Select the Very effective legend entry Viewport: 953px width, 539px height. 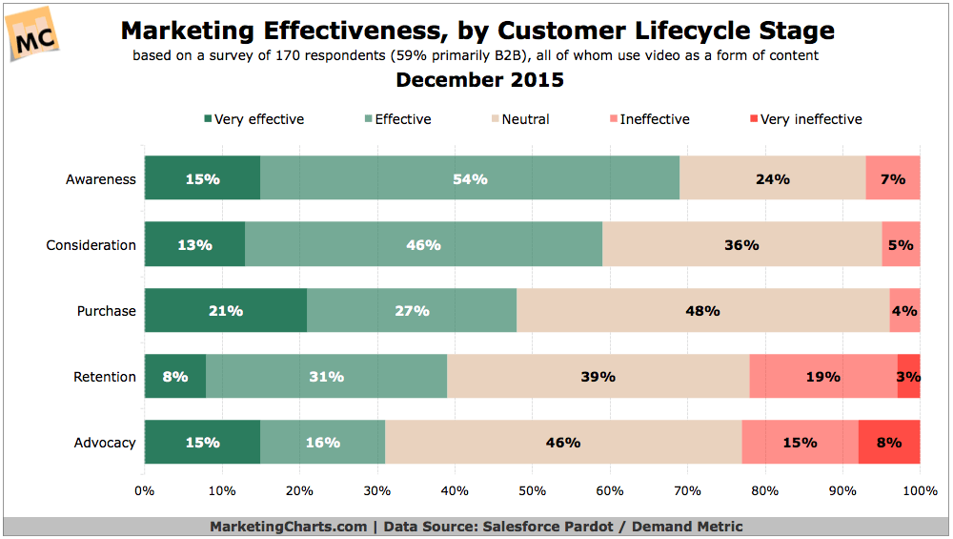tap(253, 119)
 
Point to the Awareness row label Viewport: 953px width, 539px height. tap(100, 179)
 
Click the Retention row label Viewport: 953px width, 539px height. tap(105, 377)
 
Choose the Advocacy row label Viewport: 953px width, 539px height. tap(105, 443)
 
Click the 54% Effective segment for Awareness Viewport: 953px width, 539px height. tap(470, 178)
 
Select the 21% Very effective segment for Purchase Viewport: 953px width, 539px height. tap(226, 311)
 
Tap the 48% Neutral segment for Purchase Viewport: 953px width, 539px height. tap(702, 311)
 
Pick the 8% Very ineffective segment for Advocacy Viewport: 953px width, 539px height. tap(889, 443)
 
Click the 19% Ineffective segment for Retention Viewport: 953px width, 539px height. tap(822, 377)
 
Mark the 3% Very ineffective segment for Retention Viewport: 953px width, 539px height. tap(908, 377)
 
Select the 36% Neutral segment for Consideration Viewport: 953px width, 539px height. tap(741, 245)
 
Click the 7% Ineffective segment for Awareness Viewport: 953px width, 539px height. tap(893, 178)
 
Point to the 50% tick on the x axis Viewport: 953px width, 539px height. tap(532, 491)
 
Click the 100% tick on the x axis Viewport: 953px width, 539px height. tap(919, 491)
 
